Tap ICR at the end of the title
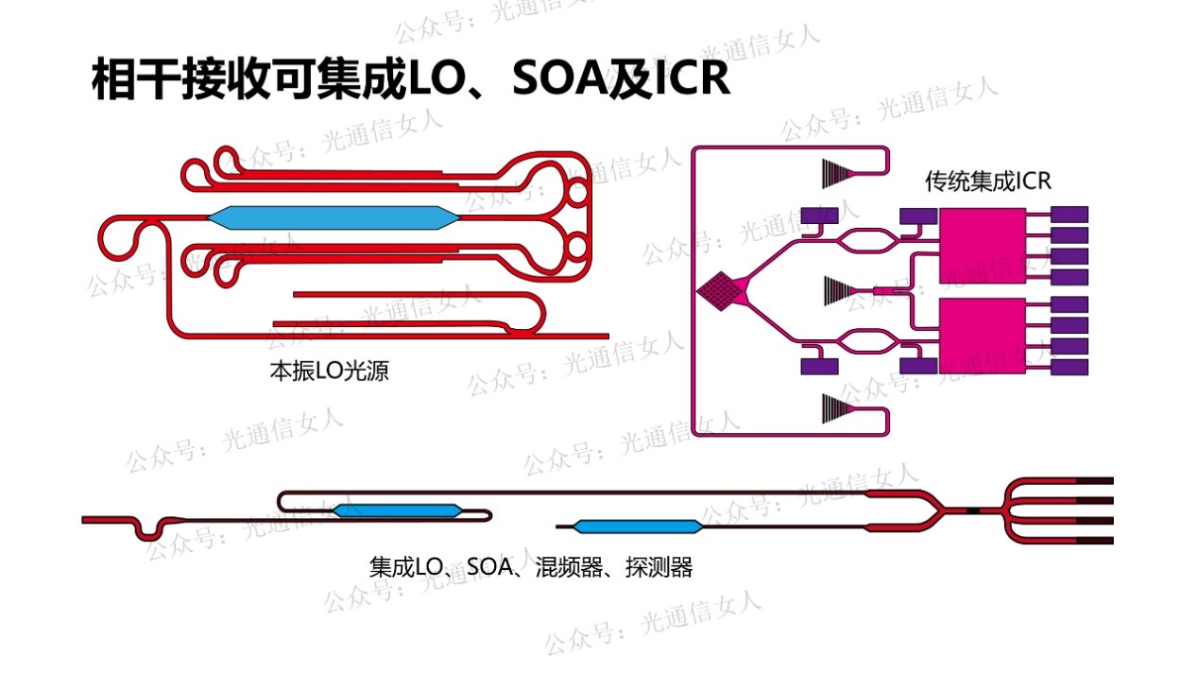point(693,79)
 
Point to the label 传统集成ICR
point(987,181)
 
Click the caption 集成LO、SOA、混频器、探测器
point(531,567)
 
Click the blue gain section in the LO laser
point(333,218)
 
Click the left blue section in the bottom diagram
point(398,510)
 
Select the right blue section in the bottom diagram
point(638,527)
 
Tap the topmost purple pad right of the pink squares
point(1070,215)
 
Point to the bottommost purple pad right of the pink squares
point(1070,367)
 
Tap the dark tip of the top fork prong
point(1096,483)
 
